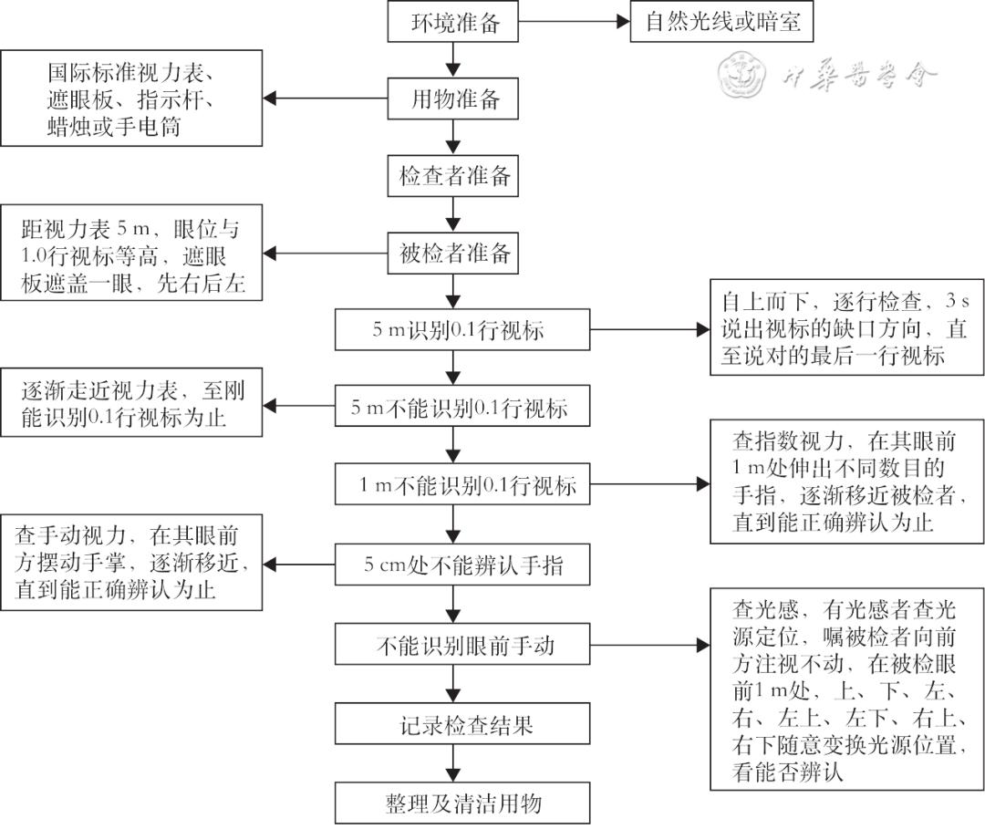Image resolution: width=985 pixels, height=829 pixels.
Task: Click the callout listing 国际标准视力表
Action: pos(131,98)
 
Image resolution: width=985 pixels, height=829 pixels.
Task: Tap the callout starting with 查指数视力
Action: pos(847,482)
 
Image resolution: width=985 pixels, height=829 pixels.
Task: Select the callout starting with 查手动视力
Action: pos(131,564)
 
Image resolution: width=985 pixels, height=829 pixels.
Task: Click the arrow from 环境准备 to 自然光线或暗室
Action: pos(575,22)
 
